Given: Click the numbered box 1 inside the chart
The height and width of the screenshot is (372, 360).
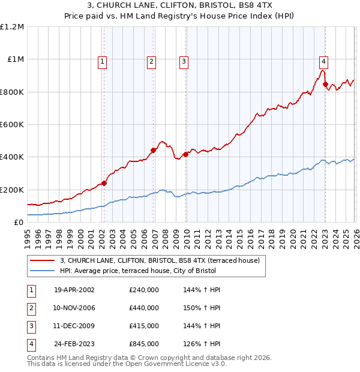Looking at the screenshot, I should pos(103,61).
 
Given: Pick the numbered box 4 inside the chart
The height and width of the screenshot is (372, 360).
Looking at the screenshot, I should pos(323,61).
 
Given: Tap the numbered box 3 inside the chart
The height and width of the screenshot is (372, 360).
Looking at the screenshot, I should pos(183,61).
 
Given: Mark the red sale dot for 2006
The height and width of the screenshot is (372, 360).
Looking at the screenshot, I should pos(153,151).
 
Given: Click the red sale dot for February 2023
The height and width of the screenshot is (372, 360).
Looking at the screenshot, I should pos(325,85).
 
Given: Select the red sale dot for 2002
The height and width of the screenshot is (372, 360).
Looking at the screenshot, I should pos(104,183).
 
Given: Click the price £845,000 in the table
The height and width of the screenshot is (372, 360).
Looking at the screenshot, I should pos(143,344).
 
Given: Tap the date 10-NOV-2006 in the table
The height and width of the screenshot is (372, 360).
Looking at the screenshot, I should pos(74,308).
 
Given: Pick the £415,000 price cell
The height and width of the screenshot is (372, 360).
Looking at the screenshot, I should pos(143,326).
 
